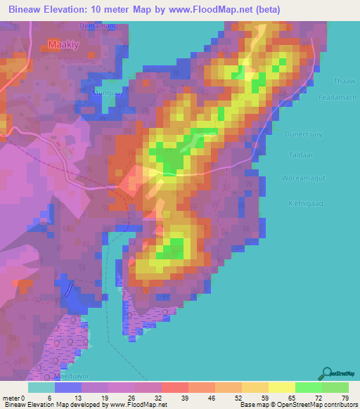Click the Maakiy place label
pos(63,44)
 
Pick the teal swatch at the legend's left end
pos(41,387)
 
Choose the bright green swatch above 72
pos(308,387)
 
